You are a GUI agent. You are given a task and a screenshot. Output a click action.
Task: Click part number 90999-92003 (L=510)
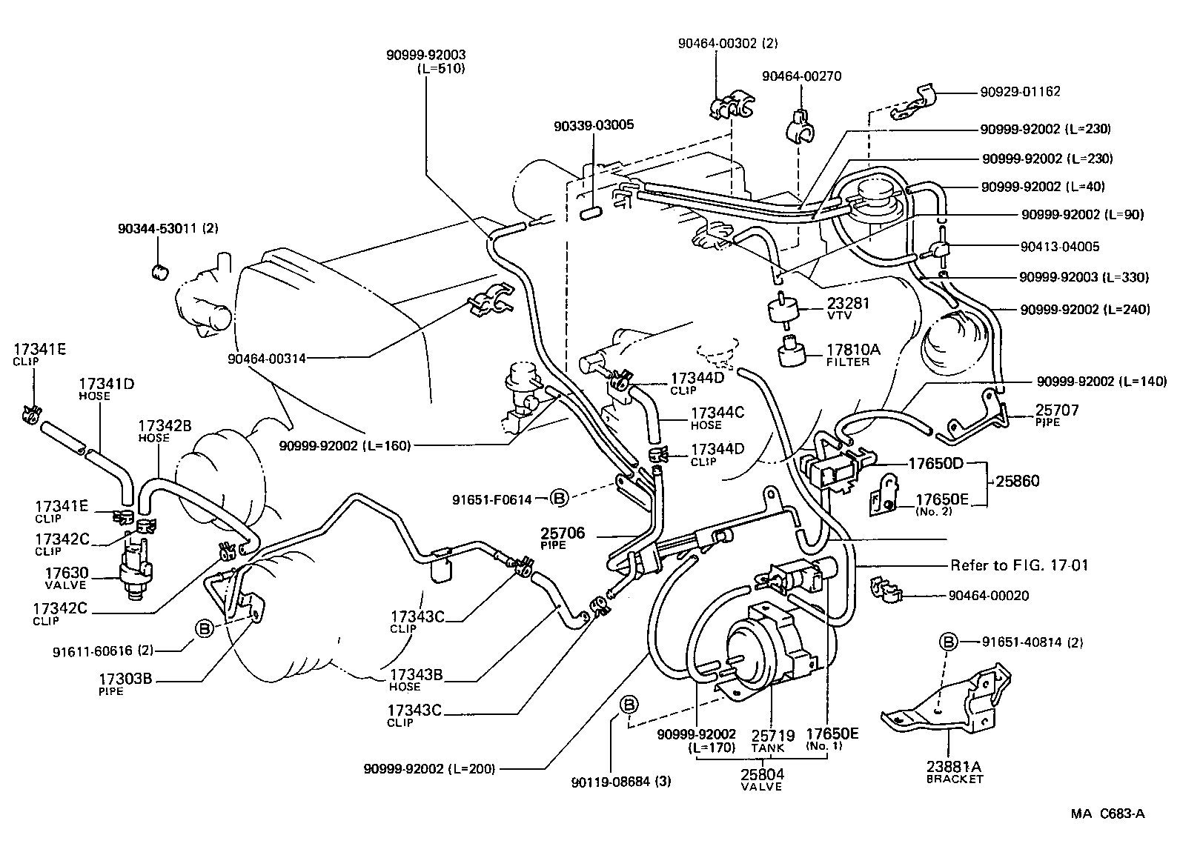tap(425, 61)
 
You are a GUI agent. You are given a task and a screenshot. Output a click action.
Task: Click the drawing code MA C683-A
tap(1107, 814)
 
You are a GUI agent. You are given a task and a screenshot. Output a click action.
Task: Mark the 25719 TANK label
tap(773, 740)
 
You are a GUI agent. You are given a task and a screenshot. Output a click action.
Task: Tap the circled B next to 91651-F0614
tap(559, 499)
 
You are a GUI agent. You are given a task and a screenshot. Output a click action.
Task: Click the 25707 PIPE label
tap(1057, 415)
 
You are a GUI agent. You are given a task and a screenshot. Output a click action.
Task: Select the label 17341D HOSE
tap(106, 389)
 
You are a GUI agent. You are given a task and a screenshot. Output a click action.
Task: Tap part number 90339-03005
tap(593, 125)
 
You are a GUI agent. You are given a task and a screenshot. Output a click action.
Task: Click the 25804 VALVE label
tap(762, 779)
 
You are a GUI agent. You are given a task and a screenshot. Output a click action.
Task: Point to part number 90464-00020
tap(989, 596)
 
